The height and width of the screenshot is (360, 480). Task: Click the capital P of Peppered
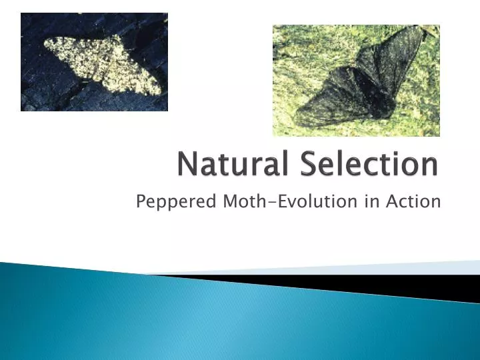click(x=141, y=201)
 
